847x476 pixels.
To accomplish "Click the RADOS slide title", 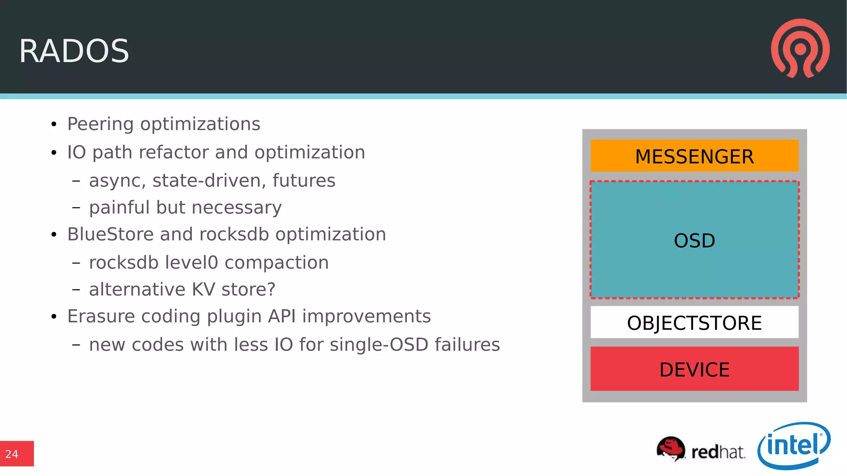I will point(74,51).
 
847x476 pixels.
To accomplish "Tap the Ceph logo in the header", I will point(800,48).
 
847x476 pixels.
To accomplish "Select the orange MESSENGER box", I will point(694,156).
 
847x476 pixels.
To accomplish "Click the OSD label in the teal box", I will point(694,240).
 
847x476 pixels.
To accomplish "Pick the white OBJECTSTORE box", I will point(694,322).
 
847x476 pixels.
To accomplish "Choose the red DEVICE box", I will point(694,369).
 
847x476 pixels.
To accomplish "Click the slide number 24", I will point(12,454).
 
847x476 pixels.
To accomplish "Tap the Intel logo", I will point(794,446).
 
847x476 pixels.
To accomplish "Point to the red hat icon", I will point(670,448).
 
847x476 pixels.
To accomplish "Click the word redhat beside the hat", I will point(718,452).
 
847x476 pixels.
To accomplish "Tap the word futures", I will point(304,180).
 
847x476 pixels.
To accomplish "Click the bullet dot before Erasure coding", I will point(54,317).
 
